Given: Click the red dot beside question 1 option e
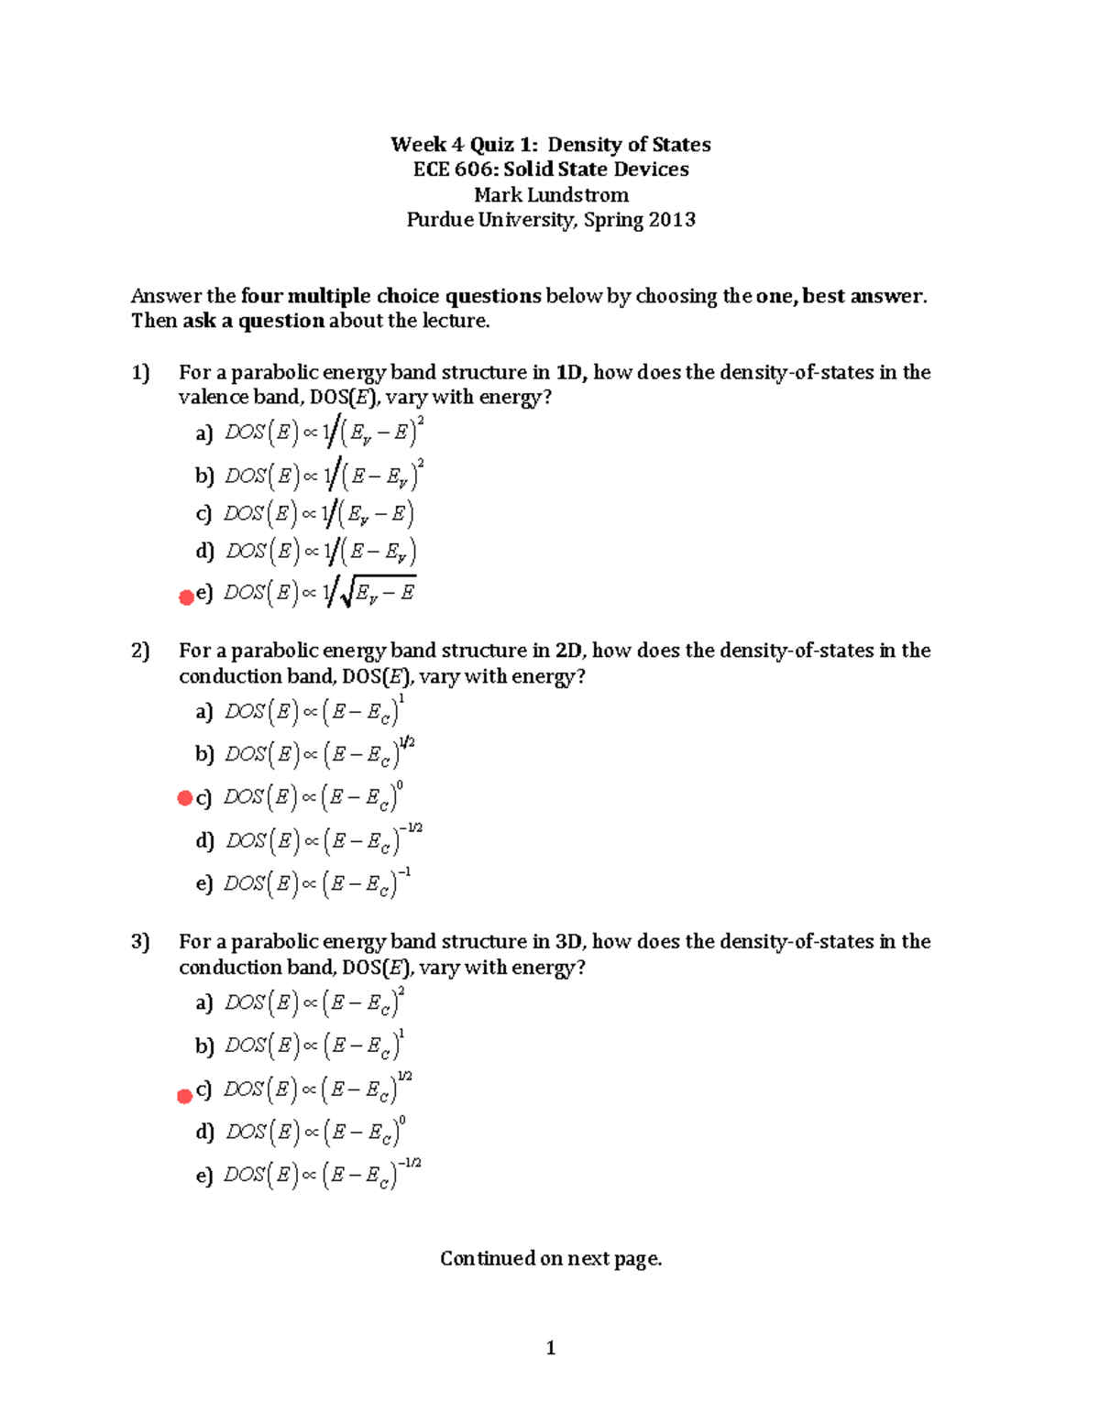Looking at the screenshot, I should coord(186,597).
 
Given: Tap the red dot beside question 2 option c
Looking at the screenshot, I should coord(184,798).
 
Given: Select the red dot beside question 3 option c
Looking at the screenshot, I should coord(184,1096).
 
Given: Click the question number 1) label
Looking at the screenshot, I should coord(140,373).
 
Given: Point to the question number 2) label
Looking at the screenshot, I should coord(140,651).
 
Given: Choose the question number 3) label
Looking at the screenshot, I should coord(140,942).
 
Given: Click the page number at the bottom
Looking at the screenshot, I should coord(550,1348).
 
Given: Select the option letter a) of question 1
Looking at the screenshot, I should coord(203,432).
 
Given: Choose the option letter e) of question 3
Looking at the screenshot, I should coord(203,1176).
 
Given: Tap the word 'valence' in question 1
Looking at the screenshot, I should coord(207,398).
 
